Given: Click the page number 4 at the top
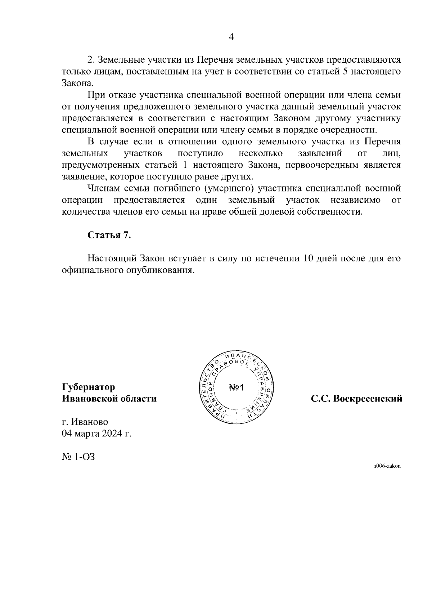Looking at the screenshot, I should (231, 37).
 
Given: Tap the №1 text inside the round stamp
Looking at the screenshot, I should (237, 388).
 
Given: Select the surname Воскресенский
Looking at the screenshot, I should (368, 399).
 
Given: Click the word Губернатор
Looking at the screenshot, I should (89, 387).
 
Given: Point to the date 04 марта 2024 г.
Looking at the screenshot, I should (96, 433).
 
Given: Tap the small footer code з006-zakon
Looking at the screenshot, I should (387, 466).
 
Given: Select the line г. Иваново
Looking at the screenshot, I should (85, 422).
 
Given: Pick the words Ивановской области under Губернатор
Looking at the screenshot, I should (109, 399).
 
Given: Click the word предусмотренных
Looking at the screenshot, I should (101, 165).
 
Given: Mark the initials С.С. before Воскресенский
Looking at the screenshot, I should (320, 399).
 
